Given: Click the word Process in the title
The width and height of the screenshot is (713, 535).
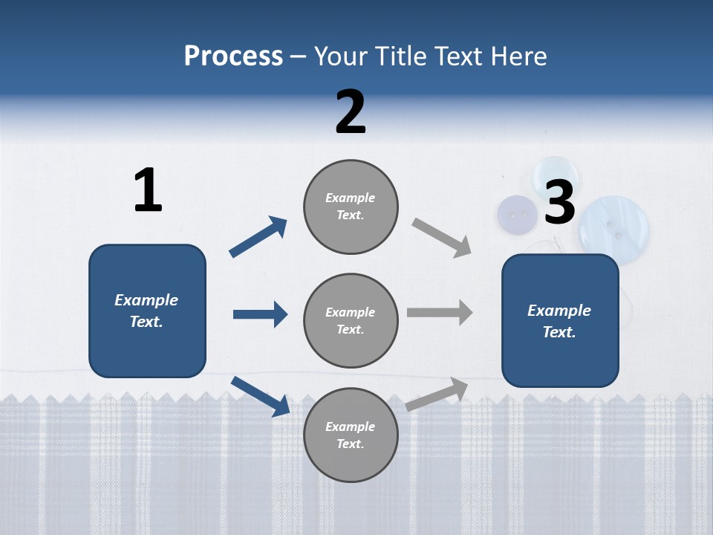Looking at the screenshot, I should pyautogui.click(x=233, y=56).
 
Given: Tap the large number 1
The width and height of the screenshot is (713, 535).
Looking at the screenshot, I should pyautogui.click(x=148, y=191).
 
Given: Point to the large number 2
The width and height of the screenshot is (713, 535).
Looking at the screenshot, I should pyautogui.click(x=351, y=112).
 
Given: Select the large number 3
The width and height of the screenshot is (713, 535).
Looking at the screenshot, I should pyautogui.click(x=559, y=202).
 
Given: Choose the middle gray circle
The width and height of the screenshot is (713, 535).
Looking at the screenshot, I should pyautogui.click(x=351, y=321).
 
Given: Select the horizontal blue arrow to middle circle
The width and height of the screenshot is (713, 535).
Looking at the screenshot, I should pyautogui.click(x=260, y=314).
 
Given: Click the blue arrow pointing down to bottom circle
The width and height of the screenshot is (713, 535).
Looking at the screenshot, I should pyautogui.click(x=260, y=395).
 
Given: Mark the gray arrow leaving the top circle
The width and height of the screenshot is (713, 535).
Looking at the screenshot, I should pyautogui.click(x=441, y=237).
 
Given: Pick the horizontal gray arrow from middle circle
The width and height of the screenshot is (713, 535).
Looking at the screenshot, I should pyautogui.click(x=440, y=312).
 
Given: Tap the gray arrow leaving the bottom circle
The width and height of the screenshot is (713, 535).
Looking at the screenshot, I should pyautogui.click(x=437, y=394).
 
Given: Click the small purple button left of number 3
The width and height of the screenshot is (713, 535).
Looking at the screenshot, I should pyautogui.click(x=517, y=215).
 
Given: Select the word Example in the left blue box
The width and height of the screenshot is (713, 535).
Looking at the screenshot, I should pyautogui.click(x=146, y=300).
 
